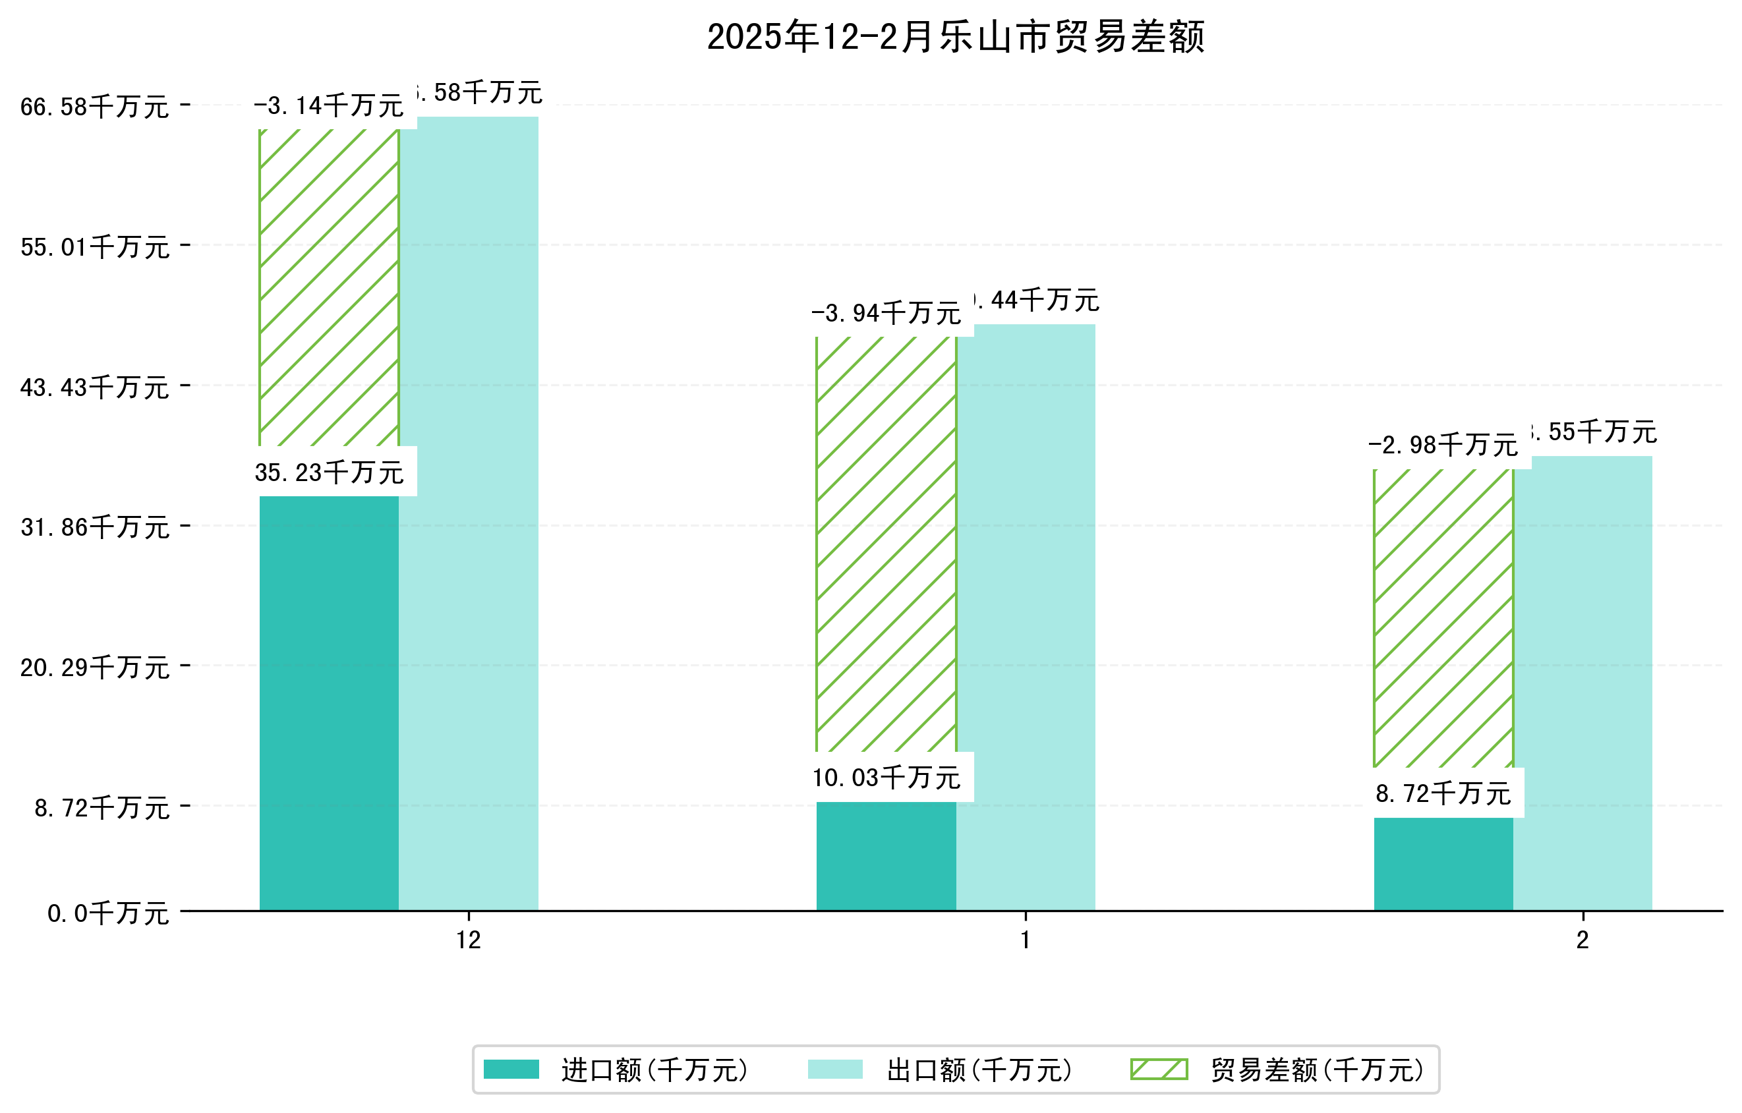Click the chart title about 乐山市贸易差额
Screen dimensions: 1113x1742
coord(955,37)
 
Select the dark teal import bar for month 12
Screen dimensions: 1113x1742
coord(328,702)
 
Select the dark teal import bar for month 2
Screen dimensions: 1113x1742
coord(1443,863)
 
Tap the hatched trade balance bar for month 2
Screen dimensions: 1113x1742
coord(1443,618)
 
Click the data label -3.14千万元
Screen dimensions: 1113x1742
coord(328,106)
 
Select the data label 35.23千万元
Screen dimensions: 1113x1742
coord(328,473)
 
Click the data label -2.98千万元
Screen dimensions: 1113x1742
coord(1443,445)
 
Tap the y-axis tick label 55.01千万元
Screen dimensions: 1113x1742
coord(95,247)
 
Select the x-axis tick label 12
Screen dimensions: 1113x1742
coord(468,940)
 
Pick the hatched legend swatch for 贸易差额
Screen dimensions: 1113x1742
coord(1158,1070)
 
